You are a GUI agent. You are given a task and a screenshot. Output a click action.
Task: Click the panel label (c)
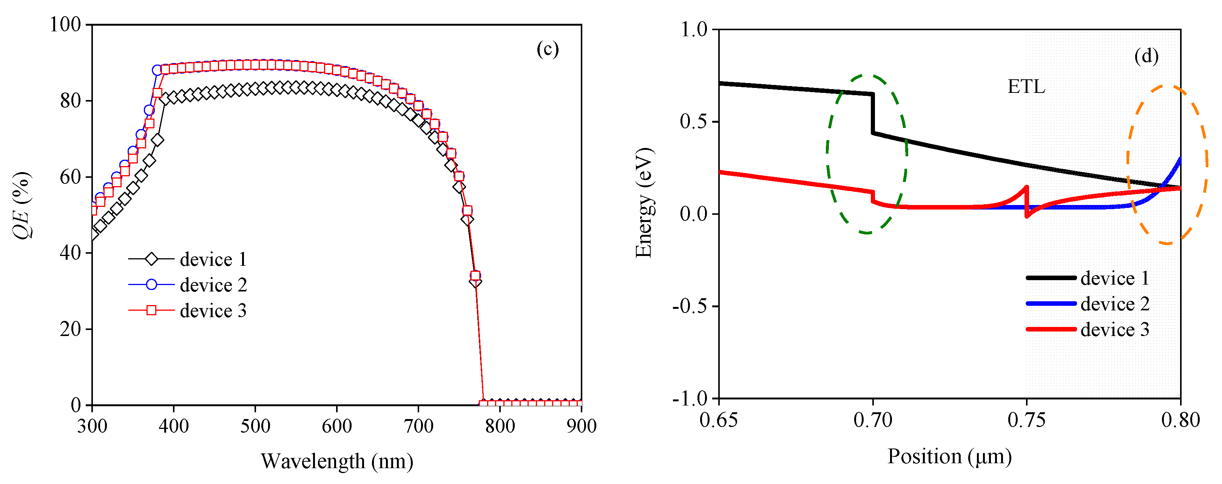[x=548, y=49]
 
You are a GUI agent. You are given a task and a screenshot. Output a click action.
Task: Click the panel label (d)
[x=1146, y=56]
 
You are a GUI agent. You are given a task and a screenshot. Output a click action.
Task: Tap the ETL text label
[x=1026, y=87]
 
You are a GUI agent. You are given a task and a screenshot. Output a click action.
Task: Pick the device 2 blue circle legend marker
[x=151, y=284]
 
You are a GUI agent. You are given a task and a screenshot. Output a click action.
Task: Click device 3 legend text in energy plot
[x=1115, y=330]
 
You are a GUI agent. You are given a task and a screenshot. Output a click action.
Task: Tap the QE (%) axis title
[x=22, y=205]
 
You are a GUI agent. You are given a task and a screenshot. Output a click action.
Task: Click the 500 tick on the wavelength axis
[x=255, y=426]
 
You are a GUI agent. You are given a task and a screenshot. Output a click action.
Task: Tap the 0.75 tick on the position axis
[x=1026, y=420]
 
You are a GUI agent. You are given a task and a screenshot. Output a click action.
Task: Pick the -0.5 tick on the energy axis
[x=689, y=306]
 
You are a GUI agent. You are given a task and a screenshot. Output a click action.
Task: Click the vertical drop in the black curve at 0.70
[x=872, y=114]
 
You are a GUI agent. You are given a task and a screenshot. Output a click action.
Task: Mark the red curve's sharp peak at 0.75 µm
[x=1026, y=187]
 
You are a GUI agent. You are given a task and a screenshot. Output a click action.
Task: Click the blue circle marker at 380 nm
[x=157, y=70]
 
